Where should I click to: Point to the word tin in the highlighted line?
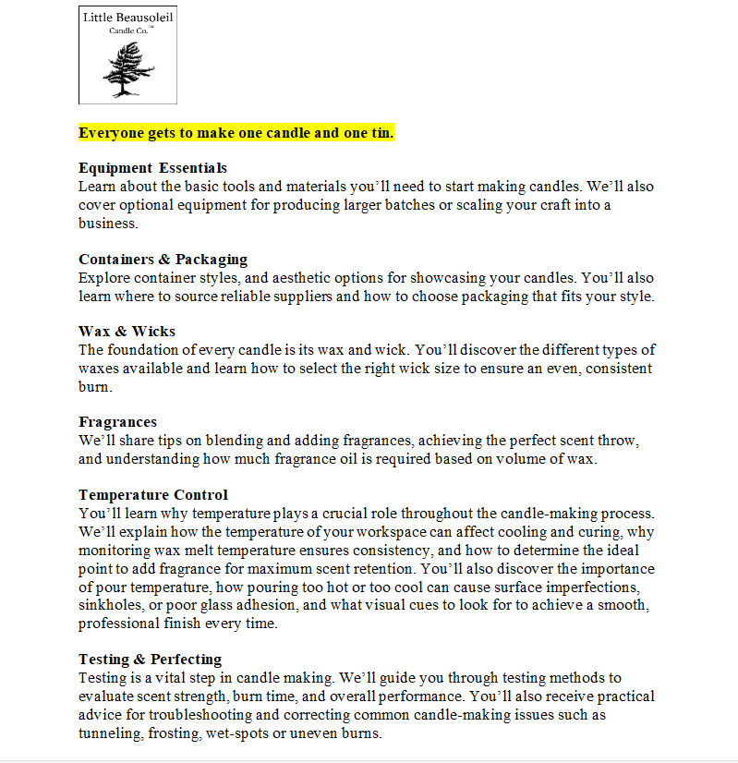pyautogui.click(x=381, y=133)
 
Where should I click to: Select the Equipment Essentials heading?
pyautogui.click(x=152, y=168)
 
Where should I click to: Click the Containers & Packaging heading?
pyautogui.click(x=163, y=259)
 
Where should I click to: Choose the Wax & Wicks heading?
pyautogui.click(x=127, y=332)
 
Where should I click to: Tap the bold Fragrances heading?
pyautogui.click(x=117, y=422)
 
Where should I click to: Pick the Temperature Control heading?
pyautogui.click(x=153, y=495)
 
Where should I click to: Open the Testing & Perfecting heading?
pyautogui.click(x=150, y=660)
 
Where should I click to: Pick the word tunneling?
pyautogui.click(x=109, y=733)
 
